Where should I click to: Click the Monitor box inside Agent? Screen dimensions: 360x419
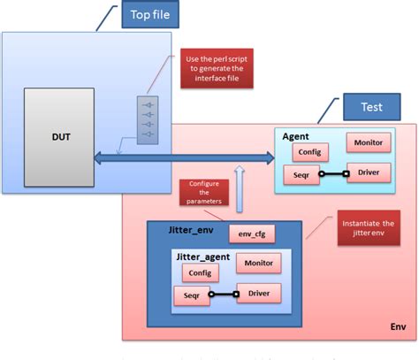pos(367,143)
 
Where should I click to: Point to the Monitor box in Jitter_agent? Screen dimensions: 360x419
pos(259,263)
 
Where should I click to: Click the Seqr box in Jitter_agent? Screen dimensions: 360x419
pos(193,296)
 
